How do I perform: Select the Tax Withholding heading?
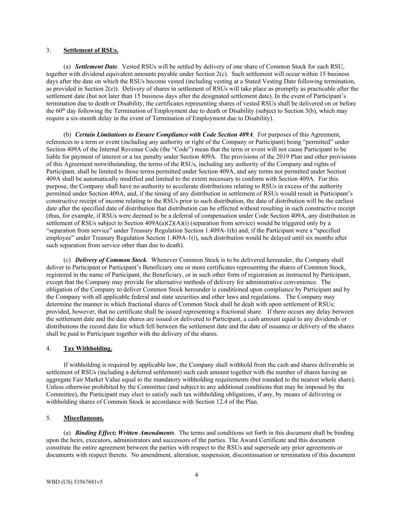88,349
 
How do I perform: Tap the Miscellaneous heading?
83,418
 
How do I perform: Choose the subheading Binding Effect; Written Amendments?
124,433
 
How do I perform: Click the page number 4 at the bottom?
196,475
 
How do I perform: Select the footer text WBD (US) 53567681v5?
75,482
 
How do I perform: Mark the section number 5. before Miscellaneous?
48,418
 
